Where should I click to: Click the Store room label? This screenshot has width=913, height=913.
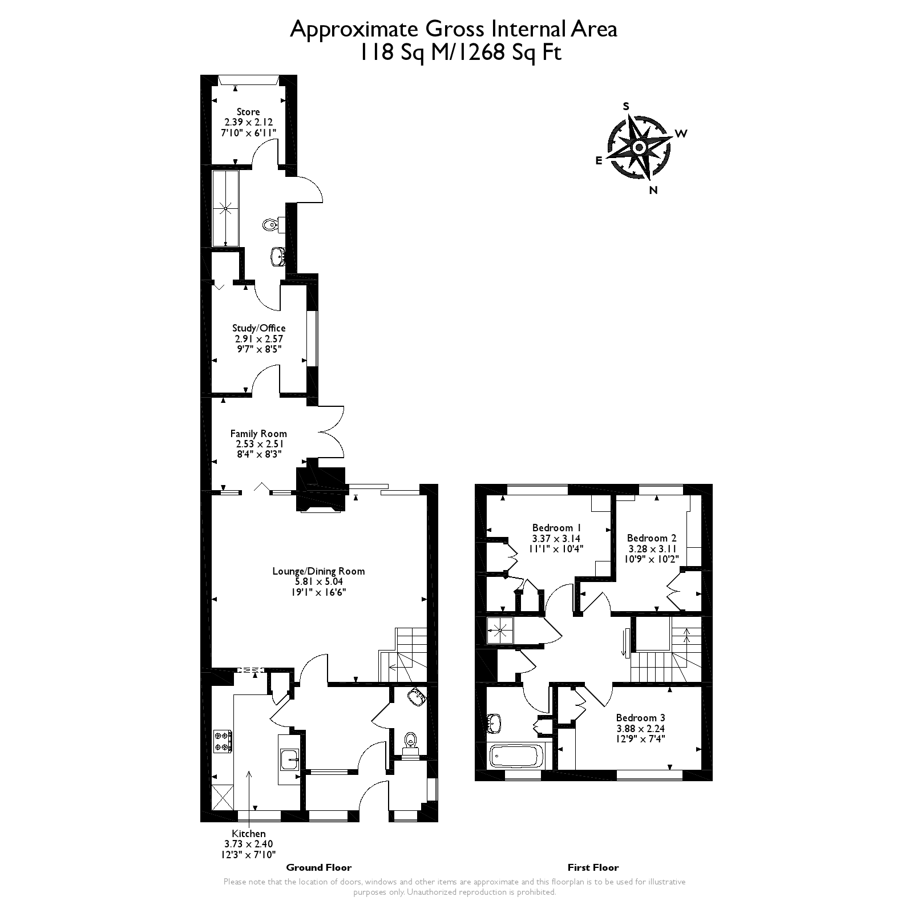tap(248, 112)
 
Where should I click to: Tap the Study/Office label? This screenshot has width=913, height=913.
tap(258, 328)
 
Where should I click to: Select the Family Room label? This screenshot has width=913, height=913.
tap(258, 434)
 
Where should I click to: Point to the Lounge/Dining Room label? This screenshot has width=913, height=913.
tap(318, 571)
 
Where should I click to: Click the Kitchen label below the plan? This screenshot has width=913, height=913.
tap(248, 834)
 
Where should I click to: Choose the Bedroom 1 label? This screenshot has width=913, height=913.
tap(556, 528)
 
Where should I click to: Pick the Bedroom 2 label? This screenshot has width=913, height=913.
tap(651, 538)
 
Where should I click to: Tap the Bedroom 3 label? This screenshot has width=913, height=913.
tap(640, 718)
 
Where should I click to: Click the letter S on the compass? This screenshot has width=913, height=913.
tap(626, 107)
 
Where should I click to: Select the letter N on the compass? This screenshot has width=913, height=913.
tap(653, 191)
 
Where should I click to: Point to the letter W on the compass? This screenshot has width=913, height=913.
tap(681, 134)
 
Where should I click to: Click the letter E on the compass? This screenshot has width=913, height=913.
tap(599, 161)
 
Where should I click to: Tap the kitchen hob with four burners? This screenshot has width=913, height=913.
tap(222, 742)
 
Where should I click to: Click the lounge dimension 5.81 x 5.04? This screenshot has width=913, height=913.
tap(318, 582)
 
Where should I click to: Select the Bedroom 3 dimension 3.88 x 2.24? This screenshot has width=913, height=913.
tap(640, 729)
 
